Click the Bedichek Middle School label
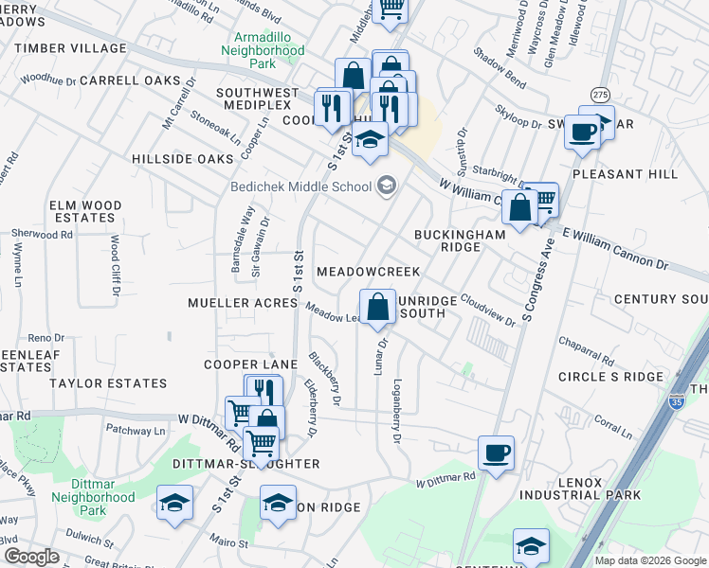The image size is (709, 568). (x=300, y=186)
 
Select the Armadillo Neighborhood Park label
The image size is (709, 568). (x=264, y=49)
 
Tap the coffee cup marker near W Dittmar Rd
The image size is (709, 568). (x=496, y=453)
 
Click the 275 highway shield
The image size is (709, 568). (x=599, y=96)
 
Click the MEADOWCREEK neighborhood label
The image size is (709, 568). (x=368, y=272)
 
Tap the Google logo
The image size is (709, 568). (x=31, y=557)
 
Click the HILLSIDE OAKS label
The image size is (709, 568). (x=182, y=159)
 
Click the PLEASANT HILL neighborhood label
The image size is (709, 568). (x=625, y=174)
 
